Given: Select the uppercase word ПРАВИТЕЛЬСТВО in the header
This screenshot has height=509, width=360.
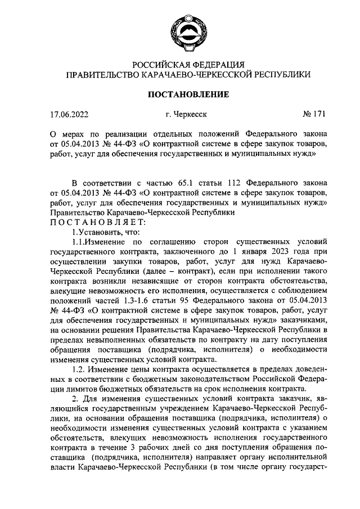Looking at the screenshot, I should tap(100, 74).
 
